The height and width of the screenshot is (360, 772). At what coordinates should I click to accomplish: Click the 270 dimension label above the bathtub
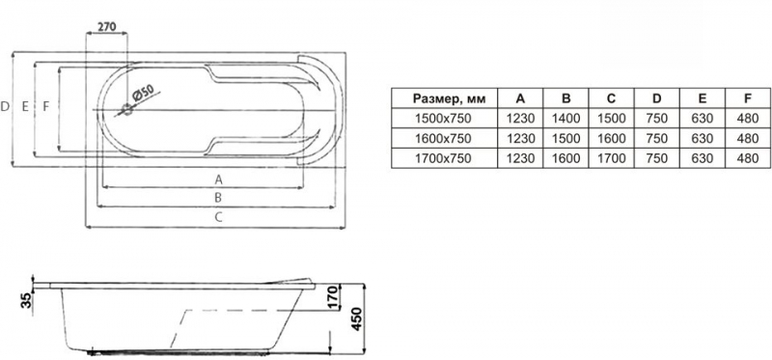106,26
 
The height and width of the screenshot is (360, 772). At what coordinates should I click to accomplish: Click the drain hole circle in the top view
127,110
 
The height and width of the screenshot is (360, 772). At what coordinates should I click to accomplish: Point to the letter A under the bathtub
219,180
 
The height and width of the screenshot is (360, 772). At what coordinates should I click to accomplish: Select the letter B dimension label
219,198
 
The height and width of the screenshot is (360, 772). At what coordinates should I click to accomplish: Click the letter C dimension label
219,217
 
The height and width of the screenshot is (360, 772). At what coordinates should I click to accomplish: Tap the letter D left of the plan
5,106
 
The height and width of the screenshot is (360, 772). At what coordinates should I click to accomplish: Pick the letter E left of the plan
25,106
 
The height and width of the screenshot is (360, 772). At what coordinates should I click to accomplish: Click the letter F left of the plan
45,106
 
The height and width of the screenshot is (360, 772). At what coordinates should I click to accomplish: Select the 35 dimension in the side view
27,299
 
